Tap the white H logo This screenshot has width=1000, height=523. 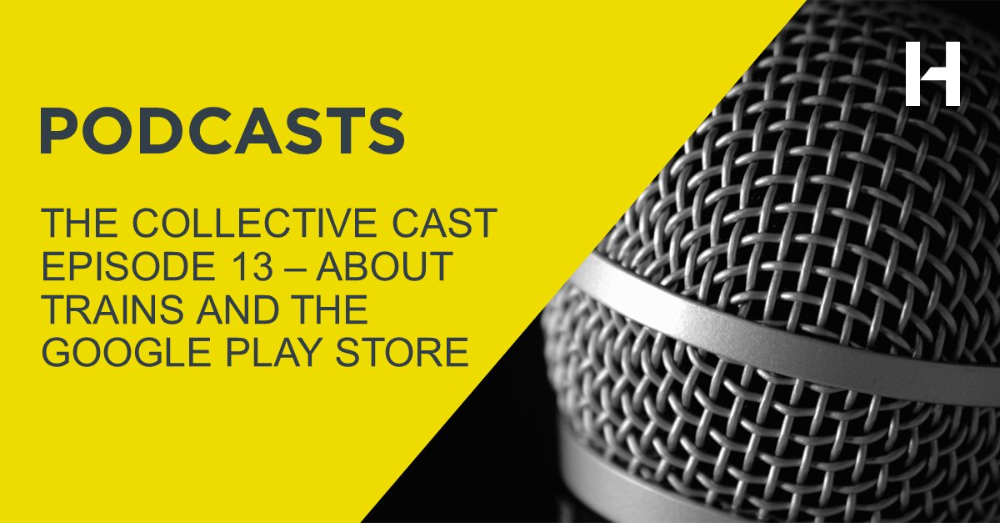932,73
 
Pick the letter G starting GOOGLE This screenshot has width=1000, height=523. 57,353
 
